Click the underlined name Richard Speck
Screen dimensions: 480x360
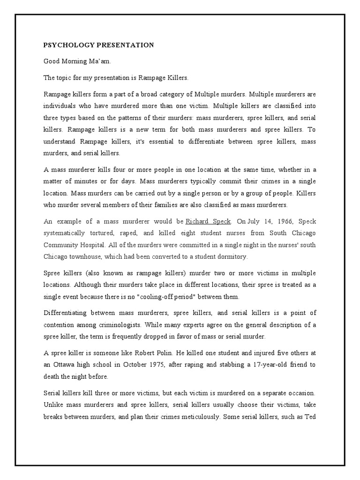coord(208,221)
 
